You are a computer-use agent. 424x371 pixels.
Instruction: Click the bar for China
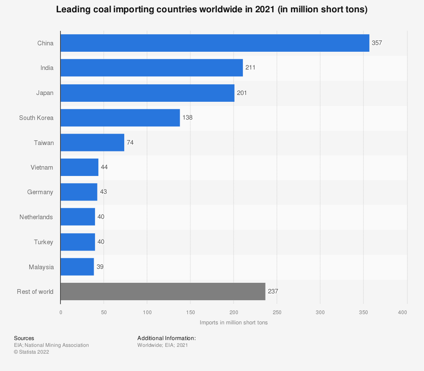pyautogui.click(x=215, y=43)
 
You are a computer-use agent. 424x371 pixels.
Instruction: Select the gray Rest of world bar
pyautogui.click(x=163, y=292)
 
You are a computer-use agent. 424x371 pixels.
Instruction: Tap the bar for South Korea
pyautogui.click(x=120, y=117)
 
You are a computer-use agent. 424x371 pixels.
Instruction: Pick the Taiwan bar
pyautogui.click(x=92, y=142)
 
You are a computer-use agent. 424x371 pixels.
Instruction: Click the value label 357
pyautogui.click(x=377, y=43)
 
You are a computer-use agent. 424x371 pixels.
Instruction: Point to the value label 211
pyautogui.click(x=251, y=68)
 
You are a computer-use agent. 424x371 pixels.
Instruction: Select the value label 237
pyautogui.click(x=273, y=292)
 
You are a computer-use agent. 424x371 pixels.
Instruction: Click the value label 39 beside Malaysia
pyautogui.click(x=100, y=267)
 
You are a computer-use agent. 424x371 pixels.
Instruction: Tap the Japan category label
pyautogui.click(x=45, y=93)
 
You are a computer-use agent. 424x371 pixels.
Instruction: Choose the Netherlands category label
pyautogui.click(x=36, y=217)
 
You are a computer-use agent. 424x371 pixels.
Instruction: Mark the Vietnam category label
pyautogui.click(x=42, y=167)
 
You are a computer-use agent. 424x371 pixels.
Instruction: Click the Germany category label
pyautogui.click(x=40, y=192)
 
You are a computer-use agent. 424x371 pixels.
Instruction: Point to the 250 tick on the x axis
pyautogui.click(x=277, y=312)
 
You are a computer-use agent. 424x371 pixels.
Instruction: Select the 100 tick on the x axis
pyautogui.click(x=147, y=312)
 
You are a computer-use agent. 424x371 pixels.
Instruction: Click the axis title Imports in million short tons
pyautogui.click(x=234, y=323)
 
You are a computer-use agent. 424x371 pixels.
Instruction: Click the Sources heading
pyautogui.click(x=24, y=338)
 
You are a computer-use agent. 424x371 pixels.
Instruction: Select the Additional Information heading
pyautogui.click(x=166, y=338)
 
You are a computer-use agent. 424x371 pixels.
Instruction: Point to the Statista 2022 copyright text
pyautogui.click(x=31, y=352)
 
